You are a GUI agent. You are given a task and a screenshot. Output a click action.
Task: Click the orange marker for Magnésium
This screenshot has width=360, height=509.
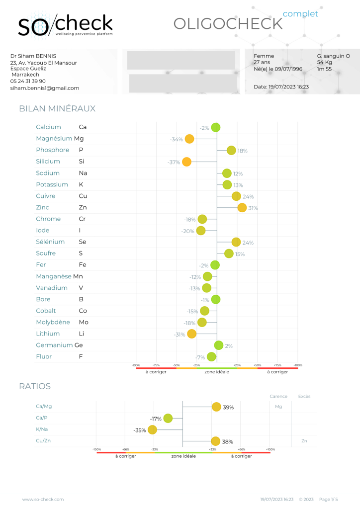189,139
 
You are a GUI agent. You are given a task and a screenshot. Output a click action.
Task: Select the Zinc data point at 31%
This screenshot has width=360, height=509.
242,208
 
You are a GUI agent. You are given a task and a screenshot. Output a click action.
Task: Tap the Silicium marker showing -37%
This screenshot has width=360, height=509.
186,162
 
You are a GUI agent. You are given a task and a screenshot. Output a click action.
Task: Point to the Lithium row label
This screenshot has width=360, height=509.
48,334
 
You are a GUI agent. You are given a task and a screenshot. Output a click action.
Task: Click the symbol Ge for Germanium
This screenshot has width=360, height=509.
79,345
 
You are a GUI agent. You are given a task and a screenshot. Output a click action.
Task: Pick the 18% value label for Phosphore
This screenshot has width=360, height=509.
242,151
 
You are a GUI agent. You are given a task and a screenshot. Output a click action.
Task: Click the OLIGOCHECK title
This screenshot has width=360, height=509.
227,23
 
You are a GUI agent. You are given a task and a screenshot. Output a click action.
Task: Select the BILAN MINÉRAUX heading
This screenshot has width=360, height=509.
57,108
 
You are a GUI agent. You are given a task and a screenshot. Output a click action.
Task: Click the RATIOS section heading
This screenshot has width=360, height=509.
35,386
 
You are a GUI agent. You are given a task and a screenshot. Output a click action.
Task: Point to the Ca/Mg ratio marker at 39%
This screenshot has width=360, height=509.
216,407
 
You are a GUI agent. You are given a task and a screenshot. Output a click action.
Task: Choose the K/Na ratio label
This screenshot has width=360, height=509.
42,429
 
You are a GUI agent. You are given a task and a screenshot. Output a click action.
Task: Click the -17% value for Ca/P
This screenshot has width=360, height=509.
156,419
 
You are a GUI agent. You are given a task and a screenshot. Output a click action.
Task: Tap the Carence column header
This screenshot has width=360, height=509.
278,396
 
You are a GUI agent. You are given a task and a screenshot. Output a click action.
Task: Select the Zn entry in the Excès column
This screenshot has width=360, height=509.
304,440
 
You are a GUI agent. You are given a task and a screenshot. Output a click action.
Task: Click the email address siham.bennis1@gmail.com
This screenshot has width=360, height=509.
45,88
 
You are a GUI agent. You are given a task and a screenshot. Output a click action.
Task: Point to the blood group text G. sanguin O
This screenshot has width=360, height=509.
333,56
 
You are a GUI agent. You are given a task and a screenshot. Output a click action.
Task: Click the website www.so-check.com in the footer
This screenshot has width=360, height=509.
43,499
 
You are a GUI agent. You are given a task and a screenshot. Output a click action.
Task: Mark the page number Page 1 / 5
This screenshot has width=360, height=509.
328,499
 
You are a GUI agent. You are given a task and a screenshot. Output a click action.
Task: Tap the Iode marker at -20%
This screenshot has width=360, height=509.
201,231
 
